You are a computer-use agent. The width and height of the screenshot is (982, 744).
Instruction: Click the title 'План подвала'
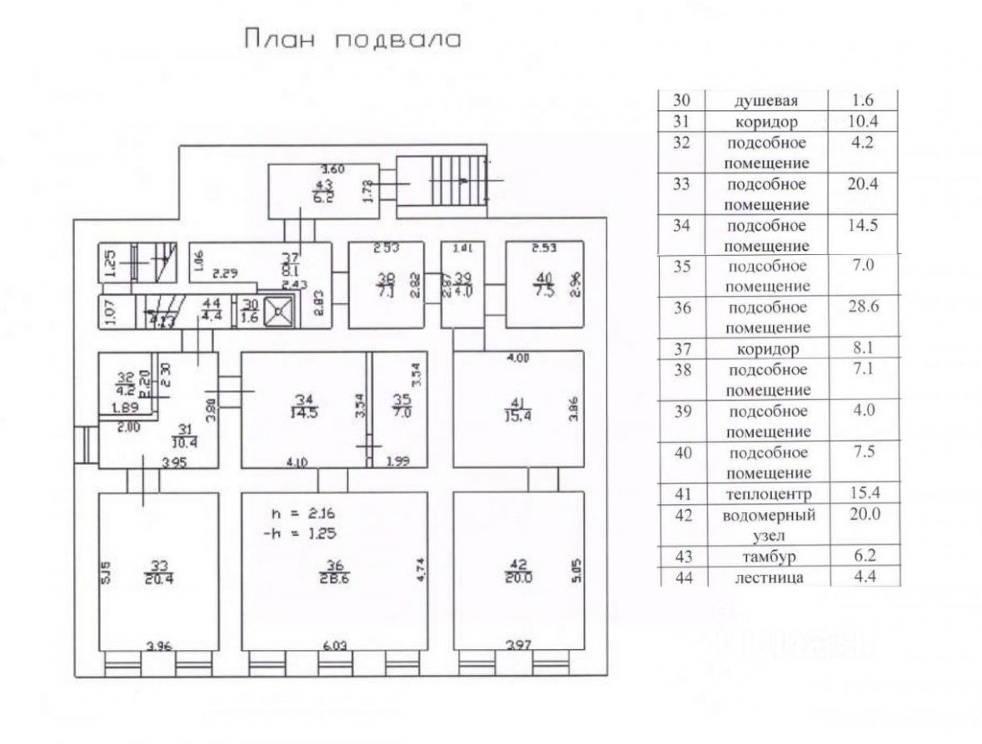click(x=351, y=39)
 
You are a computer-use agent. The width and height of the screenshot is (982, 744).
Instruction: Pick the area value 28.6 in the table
click(x=864, y=307)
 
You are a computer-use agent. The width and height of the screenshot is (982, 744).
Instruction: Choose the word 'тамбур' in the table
click(x=766, y=556)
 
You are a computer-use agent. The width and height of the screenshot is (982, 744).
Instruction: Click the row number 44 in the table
click(x=683, y=577)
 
